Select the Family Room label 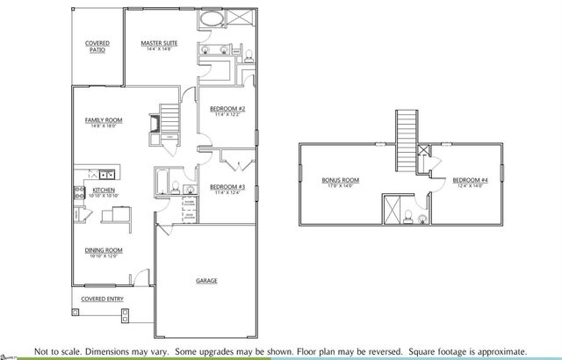click(104, 119)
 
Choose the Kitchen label click(104, 190)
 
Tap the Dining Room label click(104, 250)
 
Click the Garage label click(206, 281)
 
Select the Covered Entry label click(103, 299)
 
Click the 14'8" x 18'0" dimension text click(104, 126)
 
